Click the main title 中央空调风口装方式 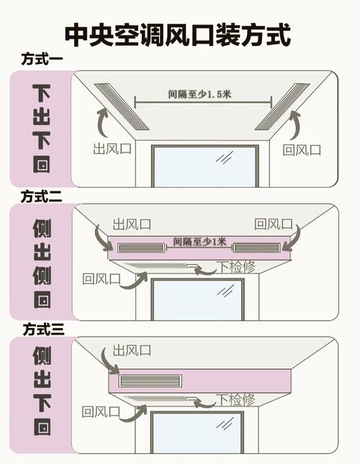(x=178, y=35)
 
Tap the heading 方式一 (x=42, y=59)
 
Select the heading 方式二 (x=42, y=197)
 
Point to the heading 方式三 (x=43, y=329)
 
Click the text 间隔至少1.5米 (x=199, y=94)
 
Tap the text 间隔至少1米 (x=199, y=242)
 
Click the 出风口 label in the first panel (x=112, y=148)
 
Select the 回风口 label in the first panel (x=302, y=150)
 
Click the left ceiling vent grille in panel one (x=122, y=106)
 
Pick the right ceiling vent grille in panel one (x=282, y=106)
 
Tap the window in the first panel (x=205, y=166)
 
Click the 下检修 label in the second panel (x=237, y=267)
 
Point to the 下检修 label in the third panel (x=236, y=400)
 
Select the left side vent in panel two (x=141, y=247)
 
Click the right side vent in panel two (x=256, y=247)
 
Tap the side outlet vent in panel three (x=150, y=381)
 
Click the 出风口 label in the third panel (x=132, y=350)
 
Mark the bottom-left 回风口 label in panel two (x=102, y=278)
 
